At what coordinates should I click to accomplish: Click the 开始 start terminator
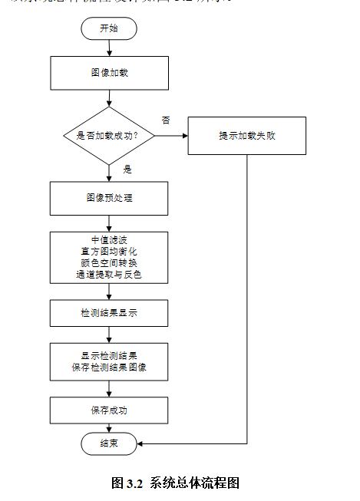pos(109,28)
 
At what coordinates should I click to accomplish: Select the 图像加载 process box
pos(109,74)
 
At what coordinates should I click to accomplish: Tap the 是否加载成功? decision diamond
pos(109,136)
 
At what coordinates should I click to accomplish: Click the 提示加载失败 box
pos(246,136)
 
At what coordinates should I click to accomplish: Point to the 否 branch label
pos(166,120)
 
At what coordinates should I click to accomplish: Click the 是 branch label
pos(127,169)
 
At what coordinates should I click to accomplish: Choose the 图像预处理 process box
pos(109,198)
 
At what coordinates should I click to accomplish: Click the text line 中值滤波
pos(109,239)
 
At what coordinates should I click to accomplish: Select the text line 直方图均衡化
pos(109,251)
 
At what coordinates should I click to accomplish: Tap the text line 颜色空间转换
pos(109,262)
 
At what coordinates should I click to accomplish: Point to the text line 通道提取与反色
pos(109,274)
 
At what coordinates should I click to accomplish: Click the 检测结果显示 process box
pos(109,313)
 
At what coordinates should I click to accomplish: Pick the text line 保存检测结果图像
pos(109,368)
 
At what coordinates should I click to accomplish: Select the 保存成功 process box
pos(109,410)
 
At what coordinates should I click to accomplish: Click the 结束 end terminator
pos(109,443)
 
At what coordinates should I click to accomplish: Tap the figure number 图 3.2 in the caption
pos(127,483)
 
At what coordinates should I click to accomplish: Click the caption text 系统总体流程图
pos(195,483)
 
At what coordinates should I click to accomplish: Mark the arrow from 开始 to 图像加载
pos(109,48)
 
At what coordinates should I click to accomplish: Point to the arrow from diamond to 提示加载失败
pos(171,136)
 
